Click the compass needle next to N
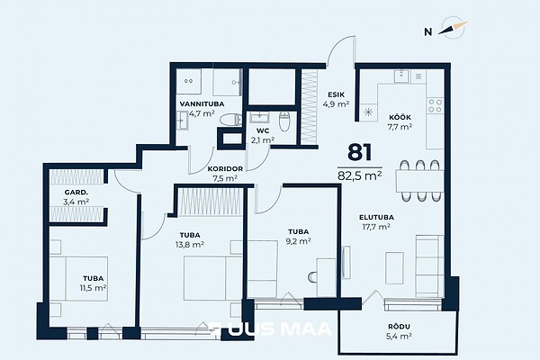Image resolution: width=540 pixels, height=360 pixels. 453,28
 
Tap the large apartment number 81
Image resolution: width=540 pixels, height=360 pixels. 359,152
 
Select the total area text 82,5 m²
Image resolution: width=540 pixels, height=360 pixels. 359,175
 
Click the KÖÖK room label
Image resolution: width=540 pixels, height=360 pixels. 400,118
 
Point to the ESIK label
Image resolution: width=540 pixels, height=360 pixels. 336,94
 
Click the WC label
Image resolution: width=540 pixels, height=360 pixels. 263,130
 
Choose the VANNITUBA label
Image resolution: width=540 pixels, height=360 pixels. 202,103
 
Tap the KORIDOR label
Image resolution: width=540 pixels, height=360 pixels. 225,169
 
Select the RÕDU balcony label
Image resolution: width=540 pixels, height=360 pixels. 399,327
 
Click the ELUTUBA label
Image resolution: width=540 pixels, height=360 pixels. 376,218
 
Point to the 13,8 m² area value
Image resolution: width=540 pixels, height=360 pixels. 190,245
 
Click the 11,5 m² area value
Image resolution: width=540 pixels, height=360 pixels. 93,288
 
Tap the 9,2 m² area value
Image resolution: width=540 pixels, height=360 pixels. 299,241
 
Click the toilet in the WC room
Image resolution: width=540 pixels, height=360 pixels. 284,121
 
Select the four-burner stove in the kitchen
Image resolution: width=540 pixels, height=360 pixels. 435,106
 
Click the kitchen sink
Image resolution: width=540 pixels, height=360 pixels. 401,76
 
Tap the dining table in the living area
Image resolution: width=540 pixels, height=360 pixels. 419,181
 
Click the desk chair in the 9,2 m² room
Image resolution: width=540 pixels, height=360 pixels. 312,276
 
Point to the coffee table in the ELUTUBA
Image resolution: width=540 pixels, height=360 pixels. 394,268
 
